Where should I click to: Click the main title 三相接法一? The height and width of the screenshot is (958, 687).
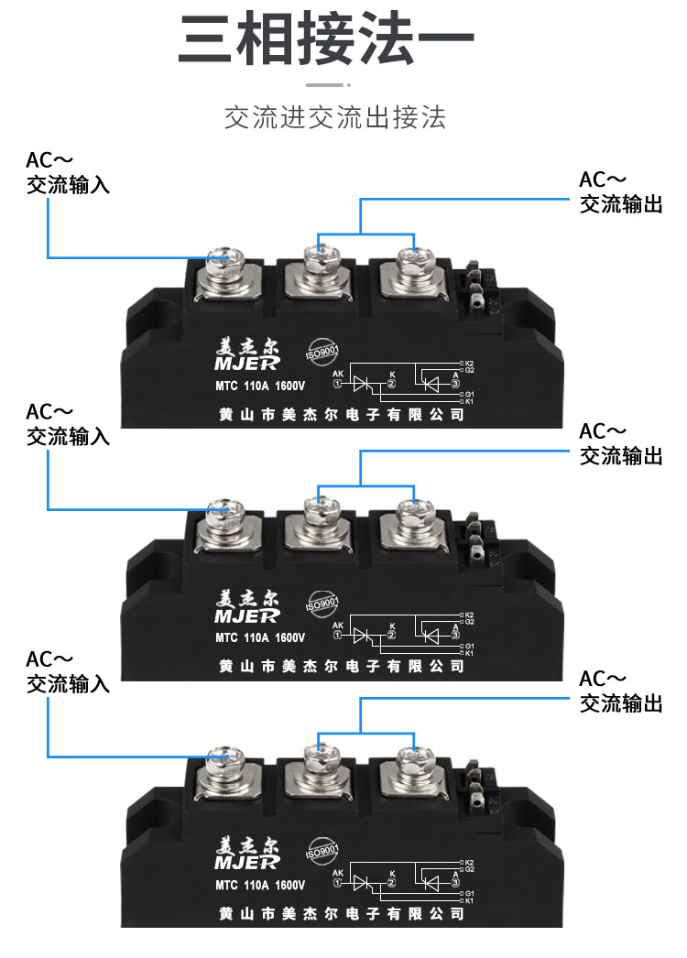point(327,41)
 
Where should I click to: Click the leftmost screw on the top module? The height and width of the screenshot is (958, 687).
point(224,265)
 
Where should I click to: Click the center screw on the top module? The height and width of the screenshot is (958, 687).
point(319,261)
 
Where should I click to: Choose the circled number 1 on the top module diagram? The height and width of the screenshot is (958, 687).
point(336,385)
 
